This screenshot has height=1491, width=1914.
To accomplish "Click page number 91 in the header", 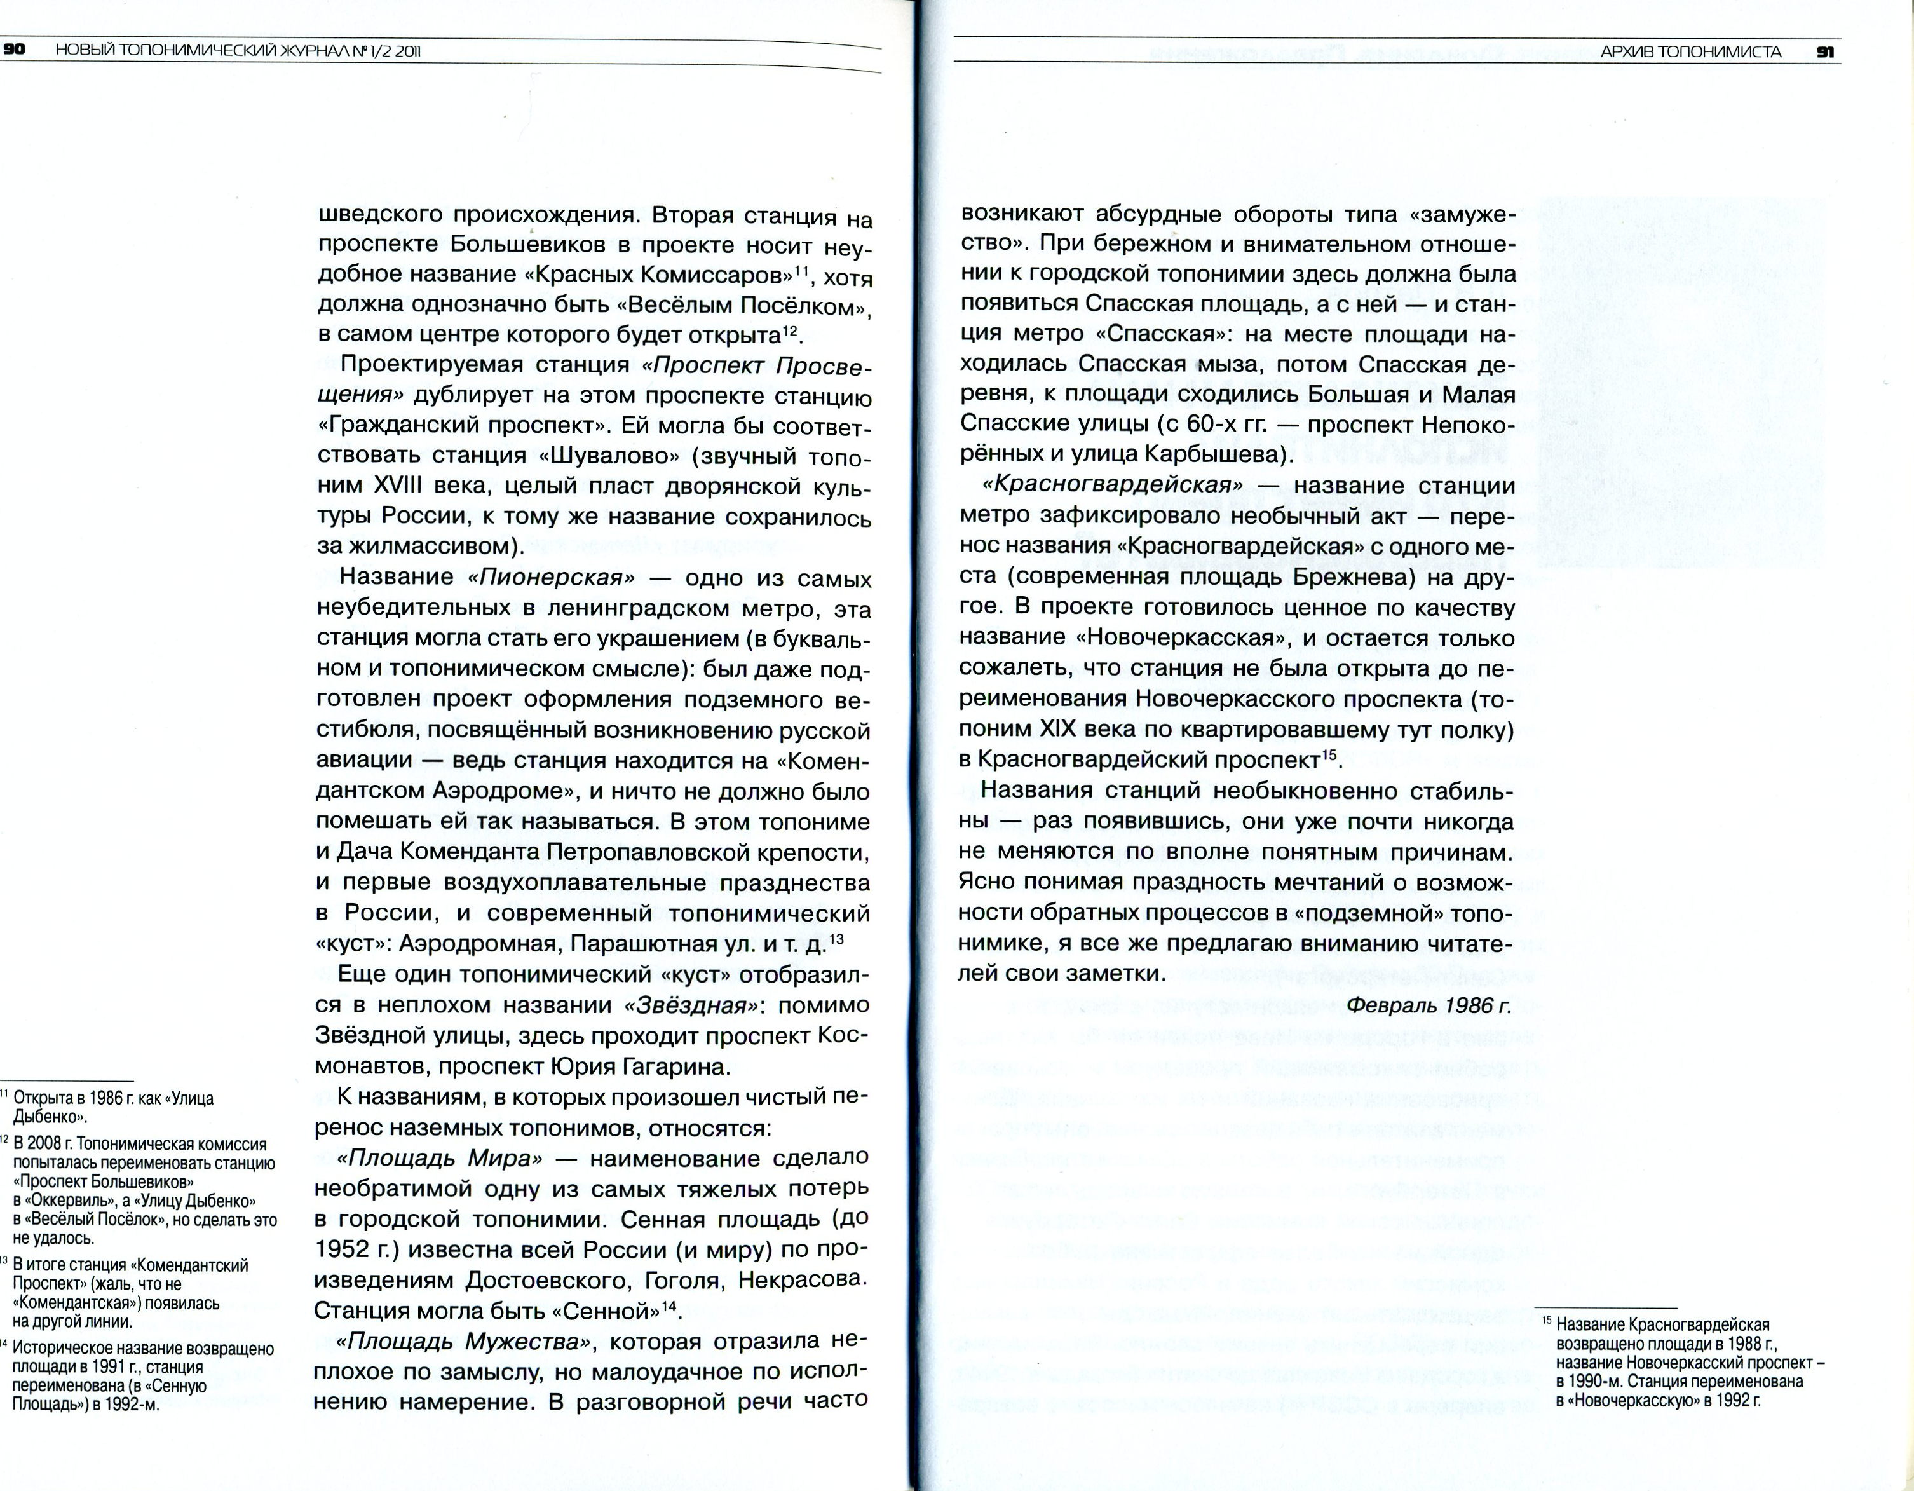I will coord(1826,51).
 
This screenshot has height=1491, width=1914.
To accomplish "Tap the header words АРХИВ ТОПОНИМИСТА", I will coord(1690,51).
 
